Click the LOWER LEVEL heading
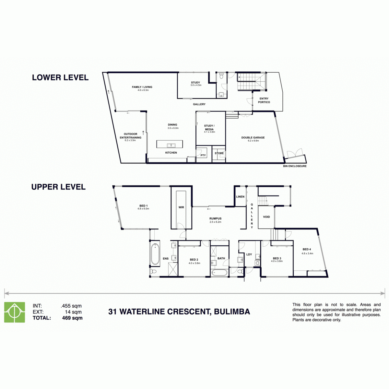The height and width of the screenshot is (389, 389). pos(60,77)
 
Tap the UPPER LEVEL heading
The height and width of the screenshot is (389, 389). pos(58,187)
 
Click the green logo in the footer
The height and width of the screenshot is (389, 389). pos(15,312)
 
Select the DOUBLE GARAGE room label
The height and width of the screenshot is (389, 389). pos(253,137)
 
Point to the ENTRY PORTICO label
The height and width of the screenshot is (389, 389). pos(264,100)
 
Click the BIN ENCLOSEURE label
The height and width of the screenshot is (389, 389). pos(295,166)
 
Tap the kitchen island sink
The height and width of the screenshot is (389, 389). pos(171,145)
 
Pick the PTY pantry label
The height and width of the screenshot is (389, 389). pos(203,155)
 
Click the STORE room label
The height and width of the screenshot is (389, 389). pos(219,153)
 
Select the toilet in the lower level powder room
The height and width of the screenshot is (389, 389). pos(221,76)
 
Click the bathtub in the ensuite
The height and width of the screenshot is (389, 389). pos(155,254)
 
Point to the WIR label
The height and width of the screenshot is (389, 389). pos(181,207)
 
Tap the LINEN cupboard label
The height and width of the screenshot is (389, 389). pos(240,197)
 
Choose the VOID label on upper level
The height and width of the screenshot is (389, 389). pos(266,217)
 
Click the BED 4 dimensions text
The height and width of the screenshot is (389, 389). pos(307,253)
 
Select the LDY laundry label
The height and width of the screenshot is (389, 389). pos(249,254)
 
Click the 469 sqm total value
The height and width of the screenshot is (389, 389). pos(72,318)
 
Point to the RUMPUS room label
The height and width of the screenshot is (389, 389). pos(215,218)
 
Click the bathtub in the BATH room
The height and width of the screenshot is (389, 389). pos(219,273)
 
